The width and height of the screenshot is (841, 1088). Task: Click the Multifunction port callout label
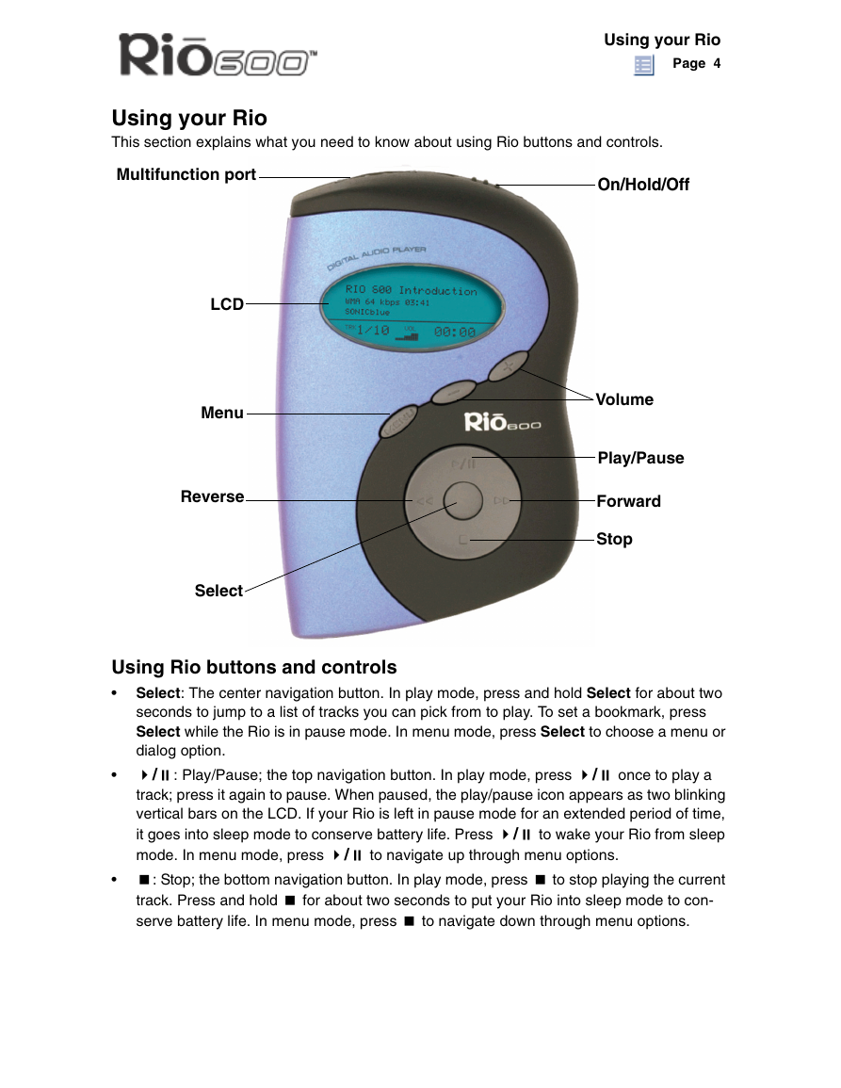pos(186,175)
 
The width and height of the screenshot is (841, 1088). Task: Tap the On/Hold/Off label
pos(643,185)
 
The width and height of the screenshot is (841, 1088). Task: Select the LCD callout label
pos(227,304)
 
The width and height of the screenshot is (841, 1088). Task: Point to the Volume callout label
pos(624,399)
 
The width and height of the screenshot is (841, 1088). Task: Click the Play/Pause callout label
pos(640,458)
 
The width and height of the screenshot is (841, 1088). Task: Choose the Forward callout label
pos(629,501)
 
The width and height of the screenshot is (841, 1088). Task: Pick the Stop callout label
pos(614,539)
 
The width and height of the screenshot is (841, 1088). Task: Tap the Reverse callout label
pos(212,496)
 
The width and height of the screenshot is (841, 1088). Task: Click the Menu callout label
pos(222,413)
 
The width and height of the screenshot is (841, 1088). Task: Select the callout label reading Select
pos(218,591)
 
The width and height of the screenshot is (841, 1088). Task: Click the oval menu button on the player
pos(399,421)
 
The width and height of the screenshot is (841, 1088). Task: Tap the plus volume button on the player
pos(508,365)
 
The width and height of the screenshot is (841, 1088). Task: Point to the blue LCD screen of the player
pos(412,308)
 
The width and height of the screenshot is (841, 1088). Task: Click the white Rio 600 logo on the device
pos(502,422)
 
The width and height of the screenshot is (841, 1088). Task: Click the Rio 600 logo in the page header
pos(218,55)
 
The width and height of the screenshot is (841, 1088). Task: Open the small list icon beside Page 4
pos(644,65)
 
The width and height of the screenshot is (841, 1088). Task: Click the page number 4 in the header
pos(717,63)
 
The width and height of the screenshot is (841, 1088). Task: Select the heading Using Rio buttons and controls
pos(254,668)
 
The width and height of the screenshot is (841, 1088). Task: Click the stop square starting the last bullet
pos(144,880)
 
